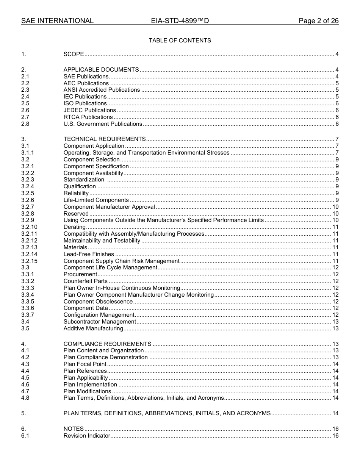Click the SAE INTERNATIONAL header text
[57, 21]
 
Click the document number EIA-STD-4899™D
[180, 21]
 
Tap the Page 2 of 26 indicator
[318, 21]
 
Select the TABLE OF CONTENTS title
[180, 41]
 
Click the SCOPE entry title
[74, 54]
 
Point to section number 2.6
[25, 110]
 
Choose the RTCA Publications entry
[88, 117]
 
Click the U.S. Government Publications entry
[103, 124]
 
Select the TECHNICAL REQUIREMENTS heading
[105, 139]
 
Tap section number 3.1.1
[28, 153]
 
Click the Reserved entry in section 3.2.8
[76, 214]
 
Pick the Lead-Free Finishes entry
[89, 254]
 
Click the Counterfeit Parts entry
[85, 281]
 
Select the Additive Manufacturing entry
[93, 328]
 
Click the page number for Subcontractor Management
[335, 322]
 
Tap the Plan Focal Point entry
[85, 364]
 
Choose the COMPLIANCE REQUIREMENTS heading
[107, 344]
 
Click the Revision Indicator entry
[87, 436]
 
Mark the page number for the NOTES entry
[335, 429]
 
